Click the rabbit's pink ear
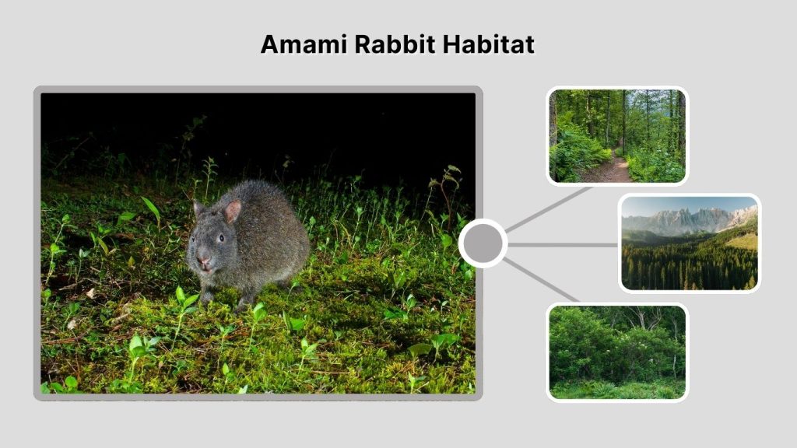[232, 211]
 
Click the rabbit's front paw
[207, 296]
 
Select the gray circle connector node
[483, 243]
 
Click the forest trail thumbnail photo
[617, 136]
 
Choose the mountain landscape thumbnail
[690, 243]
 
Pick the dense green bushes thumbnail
[617, 352]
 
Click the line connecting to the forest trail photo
[549, 208]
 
